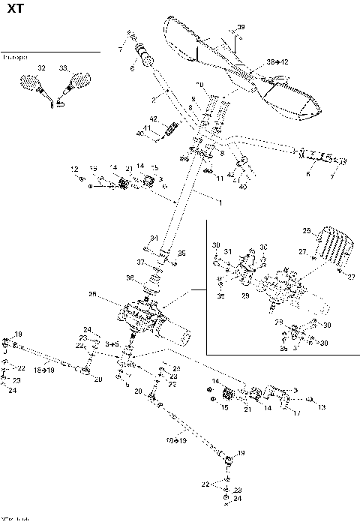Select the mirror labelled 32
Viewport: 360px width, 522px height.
click(x=34, y=81)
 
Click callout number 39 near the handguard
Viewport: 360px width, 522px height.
click(x=241, y=28)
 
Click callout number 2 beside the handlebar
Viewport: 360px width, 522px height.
click(x=153, y=98)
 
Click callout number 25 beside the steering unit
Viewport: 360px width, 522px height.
click(x=92, y=294)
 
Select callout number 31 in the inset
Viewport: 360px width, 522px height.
click(x=228, y=251)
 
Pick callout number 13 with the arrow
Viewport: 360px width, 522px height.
click(x=321, y=407)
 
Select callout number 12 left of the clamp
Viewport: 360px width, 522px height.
click(x=74, y=167)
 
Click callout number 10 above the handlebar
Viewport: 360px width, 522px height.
click(x=199, y=83)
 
